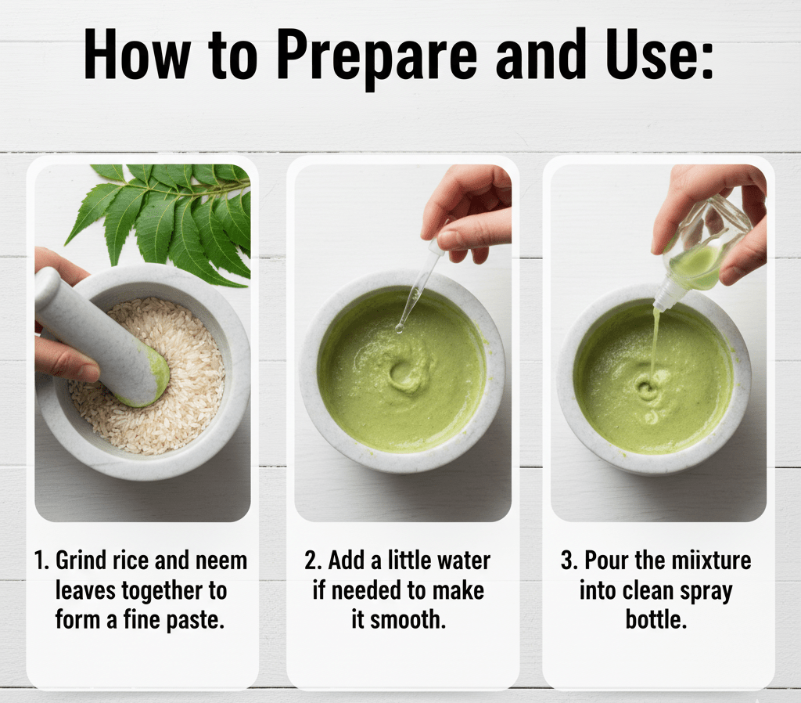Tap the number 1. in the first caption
pyautogui.click(x=43, y=561)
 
